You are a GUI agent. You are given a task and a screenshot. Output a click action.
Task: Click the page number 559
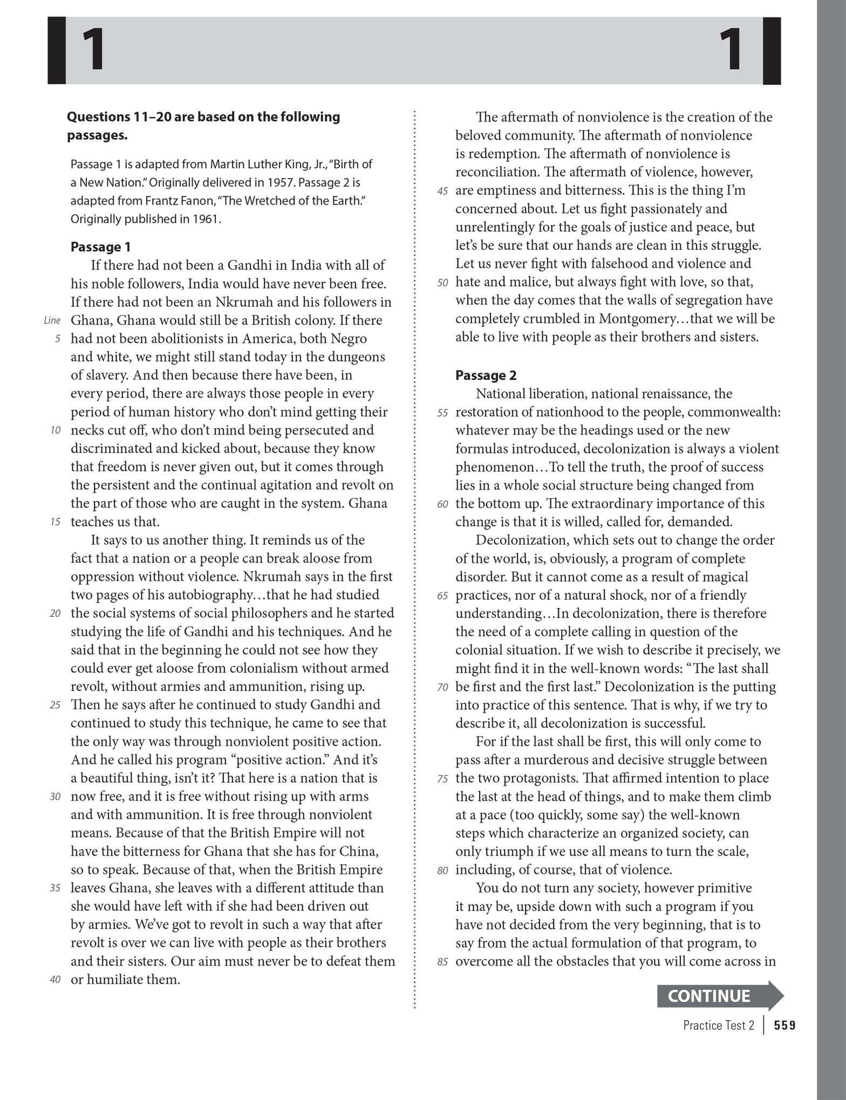[784, 1026]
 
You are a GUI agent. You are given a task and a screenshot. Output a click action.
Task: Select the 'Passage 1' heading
[100, 247]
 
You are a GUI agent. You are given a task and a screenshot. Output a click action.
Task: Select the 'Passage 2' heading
[486, 375]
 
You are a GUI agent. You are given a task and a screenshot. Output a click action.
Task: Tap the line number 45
[442, 191]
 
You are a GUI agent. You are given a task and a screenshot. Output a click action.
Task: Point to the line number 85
[442, 962]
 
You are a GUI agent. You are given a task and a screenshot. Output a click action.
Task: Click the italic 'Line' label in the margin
[52, 321]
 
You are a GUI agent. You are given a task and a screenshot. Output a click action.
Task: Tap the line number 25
[55, 705]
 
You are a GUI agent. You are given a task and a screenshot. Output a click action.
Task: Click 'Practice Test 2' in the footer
[718, 1026]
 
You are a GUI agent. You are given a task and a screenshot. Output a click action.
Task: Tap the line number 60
[442, 504]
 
